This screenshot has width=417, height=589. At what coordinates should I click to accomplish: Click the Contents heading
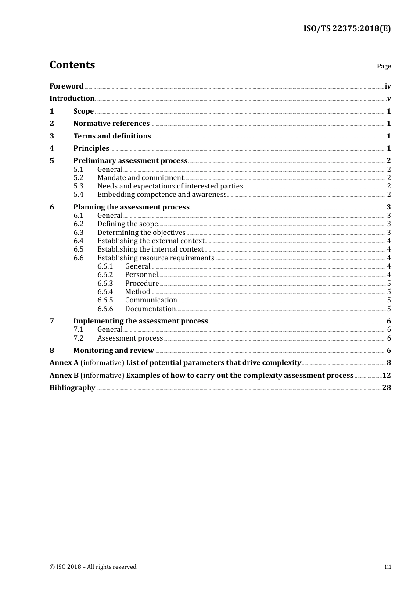[72, 65]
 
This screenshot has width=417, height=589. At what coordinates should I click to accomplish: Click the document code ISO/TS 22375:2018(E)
[347, 29]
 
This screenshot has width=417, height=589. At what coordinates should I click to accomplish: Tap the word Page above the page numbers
[384, 66]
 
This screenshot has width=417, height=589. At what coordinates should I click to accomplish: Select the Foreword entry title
[66, 86]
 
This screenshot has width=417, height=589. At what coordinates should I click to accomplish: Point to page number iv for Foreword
[388, 86]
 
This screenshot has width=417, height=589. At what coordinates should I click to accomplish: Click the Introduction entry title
[72, 99]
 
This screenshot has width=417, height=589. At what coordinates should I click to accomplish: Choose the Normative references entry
[111, 124]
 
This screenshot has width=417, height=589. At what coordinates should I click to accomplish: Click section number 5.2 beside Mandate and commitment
[78, 178]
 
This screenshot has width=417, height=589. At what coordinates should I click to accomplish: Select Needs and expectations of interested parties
[170, 186]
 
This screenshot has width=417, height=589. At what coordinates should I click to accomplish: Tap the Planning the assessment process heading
[131, 207]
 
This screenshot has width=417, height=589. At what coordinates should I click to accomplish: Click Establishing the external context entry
[151, 241]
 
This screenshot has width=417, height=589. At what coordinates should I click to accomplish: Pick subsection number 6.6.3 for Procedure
[105, 284]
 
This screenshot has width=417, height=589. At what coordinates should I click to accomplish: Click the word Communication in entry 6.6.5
[151, 300]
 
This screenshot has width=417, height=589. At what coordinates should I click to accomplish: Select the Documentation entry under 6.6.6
[150, 309]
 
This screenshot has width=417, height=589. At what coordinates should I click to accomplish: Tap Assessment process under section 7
[130, 338]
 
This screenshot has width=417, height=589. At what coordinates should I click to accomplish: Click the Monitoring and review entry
[113, 351]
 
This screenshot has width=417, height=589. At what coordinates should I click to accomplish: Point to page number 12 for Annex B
[386, 376]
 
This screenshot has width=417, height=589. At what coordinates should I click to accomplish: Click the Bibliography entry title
[72, 388]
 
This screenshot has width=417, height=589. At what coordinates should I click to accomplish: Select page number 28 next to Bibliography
[386, 388]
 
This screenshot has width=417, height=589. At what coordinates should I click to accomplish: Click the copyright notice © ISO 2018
[93, 567]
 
